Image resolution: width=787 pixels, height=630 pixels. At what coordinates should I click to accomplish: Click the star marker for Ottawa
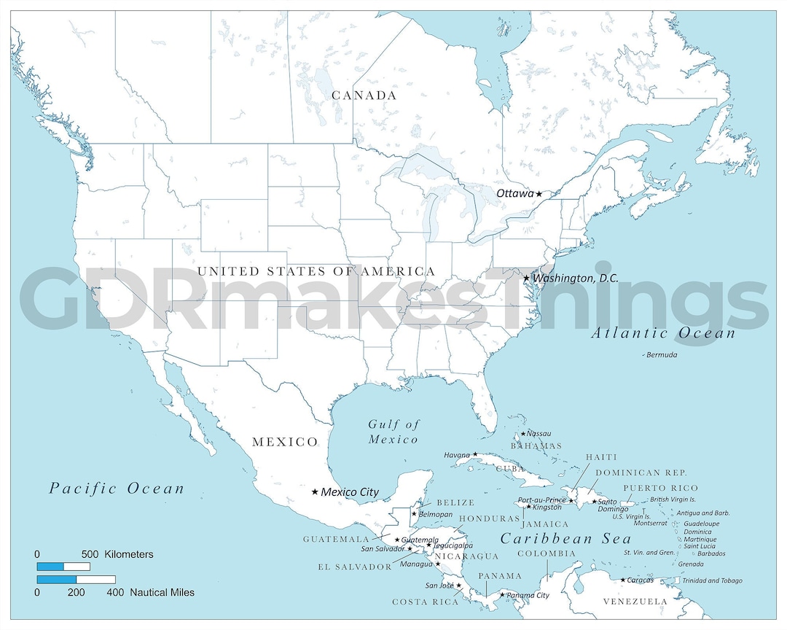539,194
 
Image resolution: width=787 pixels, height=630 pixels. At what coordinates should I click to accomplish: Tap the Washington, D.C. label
576,279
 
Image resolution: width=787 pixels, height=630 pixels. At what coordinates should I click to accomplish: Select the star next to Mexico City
315,492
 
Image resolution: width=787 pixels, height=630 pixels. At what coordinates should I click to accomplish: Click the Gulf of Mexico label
393,432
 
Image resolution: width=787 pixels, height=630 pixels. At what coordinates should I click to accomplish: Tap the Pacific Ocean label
117,489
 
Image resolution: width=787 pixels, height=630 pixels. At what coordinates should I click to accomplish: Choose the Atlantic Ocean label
663,333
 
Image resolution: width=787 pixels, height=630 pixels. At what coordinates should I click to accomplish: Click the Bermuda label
662,355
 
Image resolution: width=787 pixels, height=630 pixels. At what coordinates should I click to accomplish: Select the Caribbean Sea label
565,539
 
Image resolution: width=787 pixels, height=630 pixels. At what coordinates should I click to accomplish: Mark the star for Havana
475,454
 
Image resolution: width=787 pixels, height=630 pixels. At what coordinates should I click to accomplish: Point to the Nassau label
539,434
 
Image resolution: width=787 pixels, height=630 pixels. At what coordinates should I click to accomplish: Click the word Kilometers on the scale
130,554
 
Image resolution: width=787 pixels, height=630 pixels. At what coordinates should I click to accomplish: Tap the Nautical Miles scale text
163,593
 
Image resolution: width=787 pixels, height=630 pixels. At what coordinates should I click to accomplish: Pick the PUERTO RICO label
660,488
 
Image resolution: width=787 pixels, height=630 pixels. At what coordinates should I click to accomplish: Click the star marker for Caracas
623,580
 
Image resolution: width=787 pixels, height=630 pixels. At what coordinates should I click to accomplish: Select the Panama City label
528,596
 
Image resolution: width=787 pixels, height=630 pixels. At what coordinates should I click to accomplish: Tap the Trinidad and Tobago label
712,581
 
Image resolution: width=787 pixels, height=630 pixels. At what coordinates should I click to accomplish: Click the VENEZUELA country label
635,602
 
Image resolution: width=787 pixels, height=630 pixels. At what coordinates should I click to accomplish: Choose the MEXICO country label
285,442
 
